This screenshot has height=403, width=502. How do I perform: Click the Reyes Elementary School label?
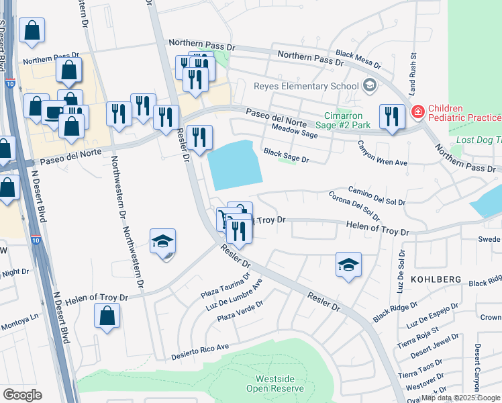(305, 86)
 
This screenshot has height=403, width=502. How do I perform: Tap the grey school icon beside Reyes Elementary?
(368, 86)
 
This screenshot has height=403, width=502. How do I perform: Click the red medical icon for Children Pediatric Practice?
(417, 111)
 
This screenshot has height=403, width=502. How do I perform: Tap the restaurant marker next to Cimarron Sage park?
(389, 116)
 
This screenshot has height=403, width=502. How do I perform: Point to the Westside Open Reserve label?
(280, 384)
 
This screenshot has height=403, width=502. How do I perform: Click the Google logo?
(22, 394)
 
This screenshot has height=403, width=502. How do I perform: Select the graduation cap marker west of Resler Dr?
(162, 242)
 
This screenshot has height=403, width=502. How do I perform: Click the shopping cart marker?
(223, 218)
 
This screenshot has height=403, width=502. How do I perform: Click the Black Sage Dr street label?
(285, 156)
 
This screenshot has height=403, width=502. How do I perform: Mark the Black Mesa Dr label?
(358, 60)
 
